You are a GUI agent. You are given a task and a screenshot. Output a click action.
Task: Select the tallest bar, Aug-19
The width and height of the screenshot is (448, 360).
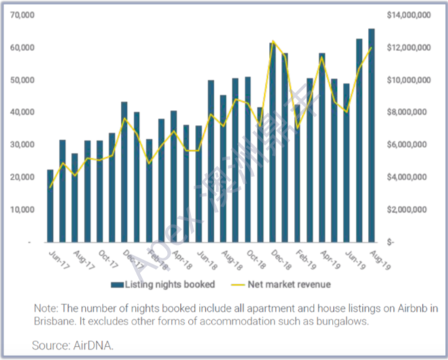371,135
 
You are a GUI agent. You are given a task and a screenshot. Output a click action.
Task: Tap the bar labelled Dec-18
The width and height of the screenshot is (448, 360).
273,142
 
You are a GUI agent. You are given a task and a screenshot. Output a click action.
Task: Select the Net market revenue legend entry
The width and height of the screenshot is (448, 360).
299,284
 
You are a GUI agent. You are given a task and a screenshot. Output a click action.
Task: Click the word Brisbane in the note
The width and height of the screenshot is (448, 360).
51,321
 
